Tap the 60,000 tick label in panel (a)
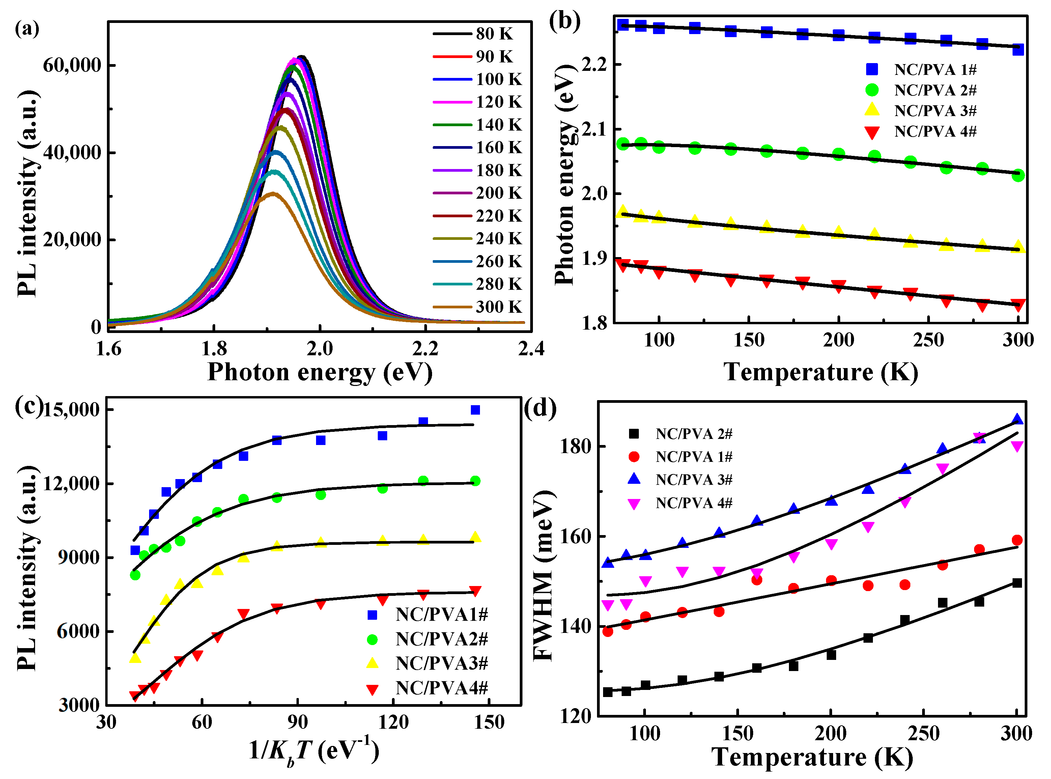point(72,65)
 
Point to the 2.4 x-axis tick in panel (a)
point(531,349)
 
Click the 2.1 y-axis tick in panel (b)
point(594,129)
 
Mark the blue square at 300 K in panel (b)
point(1018,49)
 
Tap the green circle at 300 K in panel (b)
point(1018,175)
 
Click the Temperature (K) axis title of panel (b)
point(821,372)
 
